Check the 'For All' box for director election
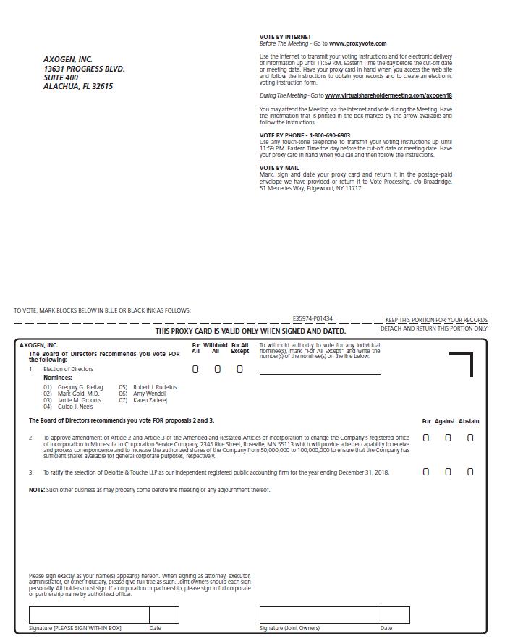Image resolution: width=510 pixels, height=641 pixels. [x=195, y=369]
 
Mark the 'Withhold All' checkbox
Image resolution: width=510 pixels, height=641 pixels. [x=217, y=369]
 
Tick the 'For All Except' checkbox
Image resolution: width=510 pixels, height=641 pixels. [x=239, y=369]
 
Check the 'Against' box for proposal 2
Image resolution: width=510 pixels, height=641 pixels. [x=448, y=438]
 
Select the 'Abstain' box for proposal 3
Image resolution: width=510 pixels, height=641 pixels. [x=470, y=472]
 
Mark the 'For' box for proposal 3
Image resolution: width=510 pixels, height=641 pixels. [x=425, y=472]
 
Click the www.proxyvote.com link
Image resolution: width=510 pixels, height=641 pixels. [x=357, y=44]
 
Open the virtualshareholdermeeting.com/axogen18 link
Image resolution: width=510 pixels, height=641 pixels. [x=388, y=95]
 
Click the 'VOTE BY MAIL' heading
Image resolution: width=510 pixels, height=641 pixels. [x=279, y=168]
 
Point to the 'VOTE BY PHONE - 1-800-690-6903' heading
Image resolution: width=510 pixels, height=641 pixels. [x=305, y=135]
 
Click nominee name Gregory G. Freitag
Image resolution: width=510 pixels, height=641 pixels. [x=80, y=387]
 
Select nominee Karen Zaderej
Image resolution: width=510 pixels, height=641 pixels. [x=150, y=400]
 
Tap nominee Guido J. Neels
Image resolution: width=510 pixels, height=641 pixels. [x=75, y=407]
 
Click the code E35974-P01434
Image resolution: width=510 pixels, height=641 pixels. [x=313, y=318]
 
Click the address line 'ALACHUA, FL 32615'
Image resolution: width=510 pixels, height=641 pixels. [x=78, y=87]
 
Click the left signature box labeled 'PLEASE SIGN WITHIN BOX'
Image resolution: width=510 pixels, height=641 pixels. [x=89, y=616]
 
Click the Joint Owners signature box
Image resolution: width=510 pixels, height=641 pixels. [x=320, y=616]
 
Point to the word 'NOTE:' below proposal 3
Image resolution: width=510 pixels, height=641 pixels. [x=36, y=490]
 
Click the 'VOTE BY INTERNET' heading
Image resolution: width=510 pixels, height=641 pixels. [x=285, y=37]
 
